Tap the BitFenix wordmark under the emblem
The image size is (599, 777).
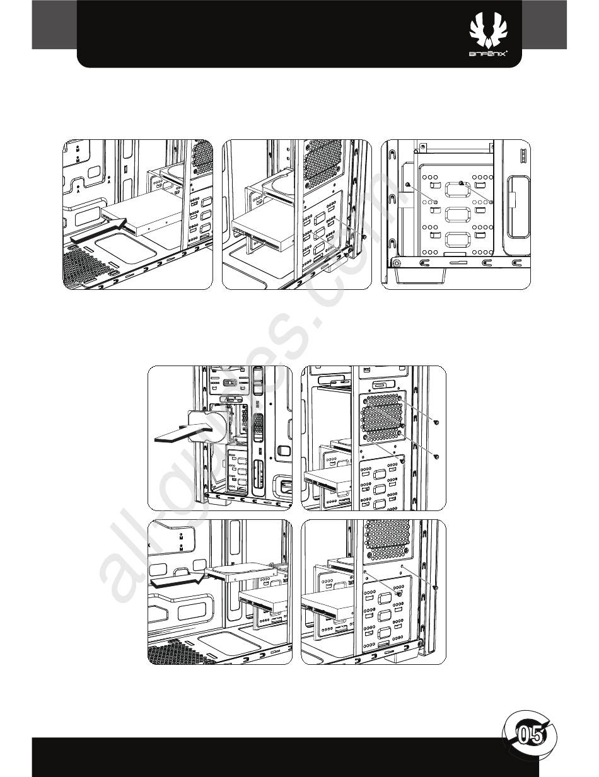pos(494,55)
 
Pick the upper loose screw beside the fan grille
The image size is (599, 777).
pos(436,422)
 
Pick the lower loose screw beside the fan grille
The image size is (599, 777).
pos(436,455)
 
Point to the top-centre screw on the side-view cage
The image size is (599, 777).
pos(462,183)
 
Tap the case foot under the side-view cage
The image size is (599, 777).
pos(419,273)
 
